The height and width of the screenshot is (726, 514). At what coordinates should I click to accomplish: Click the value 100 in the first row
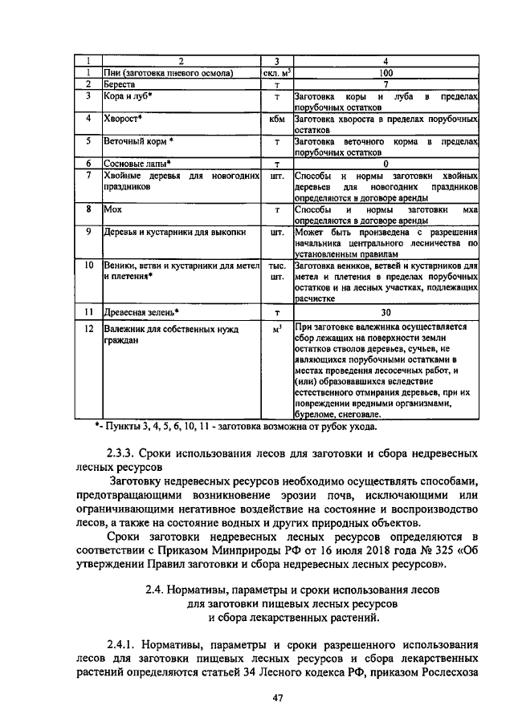click(386, 73)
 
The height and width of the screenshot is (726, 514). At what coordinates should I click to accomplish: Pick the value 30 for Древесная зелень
click(386, 312)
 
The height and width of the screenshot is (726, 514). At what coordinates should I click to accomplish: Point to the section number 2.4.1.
click(126, 643)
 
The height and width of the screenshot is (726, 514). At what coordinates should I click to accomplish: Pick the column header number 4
click(386, 62)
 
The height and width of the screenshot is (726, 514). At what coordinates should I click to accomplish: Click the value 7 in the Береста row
click(386, 83)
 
